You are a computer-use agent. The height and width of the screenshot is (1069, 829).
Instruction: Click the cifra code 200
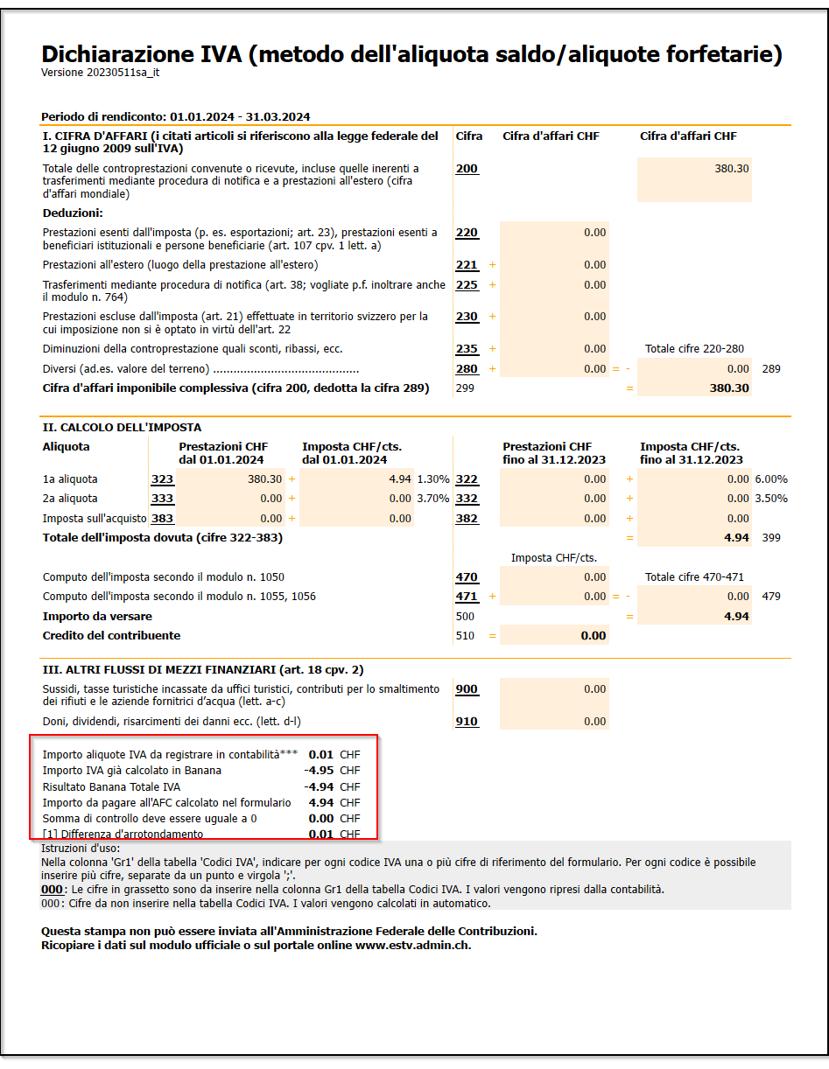tap(467, 169)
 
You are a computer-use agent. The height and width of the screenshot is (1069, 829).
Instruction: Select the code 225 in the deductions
tap(467, 285)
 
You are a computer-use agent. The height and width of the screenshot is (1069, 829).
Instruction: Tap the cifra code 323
tap(162, 479)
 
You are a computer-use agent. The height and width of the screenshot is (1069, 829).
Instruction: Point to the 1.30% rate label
tap(433, 479)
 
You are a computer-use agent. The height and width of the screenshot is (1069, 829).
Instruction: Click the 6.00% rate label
tap(770, 479)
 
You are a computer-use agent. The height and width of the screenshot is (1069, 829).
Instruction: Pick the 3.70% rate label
tap(433, 499)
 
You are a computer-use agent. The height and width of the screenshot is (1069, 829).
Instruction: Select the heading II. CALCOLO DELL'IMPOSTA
tap(122, 428)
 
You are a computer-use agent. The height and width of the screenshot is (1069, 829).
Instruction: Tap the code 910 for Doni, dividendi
tap(467, 722)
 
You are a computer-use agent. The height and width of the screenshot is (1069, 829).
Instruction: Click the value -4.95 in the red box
tap(319, 770)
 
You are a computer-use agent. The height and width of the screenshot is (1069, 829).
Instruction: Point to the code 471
tap(467, 597)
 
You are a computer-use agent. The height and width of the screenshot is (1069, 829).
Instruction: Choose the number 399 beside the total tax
tap(770, 538)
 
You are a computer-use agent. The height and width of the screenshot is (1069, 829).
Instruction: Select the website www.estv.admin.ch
tap(412, 946)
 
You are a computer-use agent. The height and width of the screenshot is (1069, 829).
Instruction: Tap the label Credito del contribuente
tap(111, 636)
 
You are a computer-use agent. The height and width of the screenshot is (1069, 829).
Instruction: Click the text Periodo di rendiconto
tap(104, 116)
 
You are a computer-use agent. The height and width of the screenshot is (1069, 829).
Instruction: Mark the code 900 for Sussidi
tap(467, 689)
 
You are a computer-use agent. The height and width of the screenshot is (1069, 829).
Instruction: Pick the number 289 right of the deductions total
tap(770, 369)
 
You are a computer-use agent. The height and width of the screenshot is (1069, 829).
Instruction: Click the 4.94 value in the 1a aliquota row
tap(399, 479)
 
